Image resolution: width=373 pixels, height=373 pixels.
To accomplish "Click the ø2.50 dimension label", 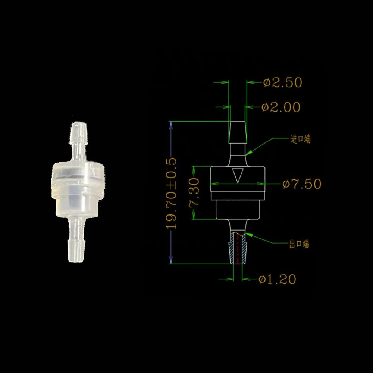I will click(x=282, y=82).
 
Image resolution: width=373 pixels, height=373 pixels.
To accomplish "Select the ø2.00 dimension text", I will click(x=281, y=107).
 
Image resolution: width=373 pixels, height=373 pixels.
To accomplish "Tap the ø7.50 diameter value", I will click(x=302, y=184).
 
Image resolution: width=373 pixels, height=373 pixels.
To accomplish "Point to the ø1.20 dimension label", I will click(x=277, y=279).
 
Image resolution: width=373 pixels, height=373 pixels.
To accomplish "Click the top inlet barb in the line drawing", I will click(x=237, y=132).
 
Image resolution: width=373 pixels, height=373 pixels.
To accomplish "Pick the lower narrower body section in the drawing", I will click(x=238, y=209).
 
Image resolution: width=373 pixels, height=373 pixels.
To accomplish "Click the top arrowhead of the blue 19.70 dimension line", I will click(x=171, y=125).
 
